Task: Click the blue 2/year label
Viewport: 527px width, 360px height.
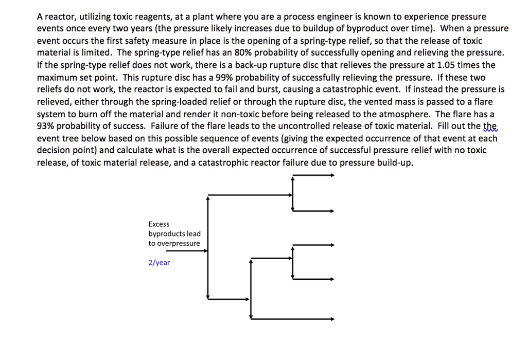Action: [x=159, y=263]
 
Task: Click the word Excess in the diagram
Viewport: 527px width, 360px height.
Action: [x=159, y=224]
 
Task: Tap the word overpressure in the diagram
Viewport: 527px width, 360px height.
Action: [x=179, y=243]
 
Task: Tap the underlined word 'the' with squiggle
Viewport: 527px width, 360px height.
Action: [x=490, y=127]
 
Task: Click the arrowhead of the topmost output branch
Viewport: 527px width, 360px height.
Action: [x=332, y=175]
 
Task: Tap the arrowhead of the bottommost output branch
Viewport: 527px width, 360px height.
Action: [x=332, y=319]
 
